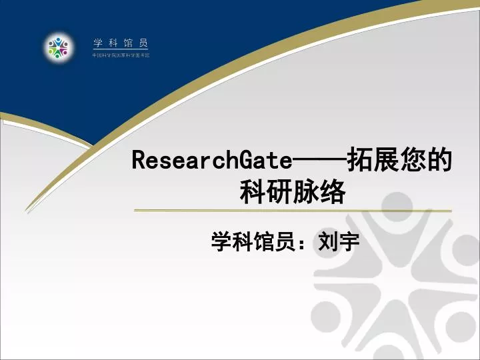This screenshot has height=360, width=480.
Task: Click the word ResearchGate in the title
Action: pos(212,161)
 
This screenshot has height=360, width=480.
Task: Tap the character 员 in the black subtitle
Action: pos(285,242)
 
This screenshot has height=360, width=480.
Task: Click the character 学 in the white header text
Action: pos(97,43)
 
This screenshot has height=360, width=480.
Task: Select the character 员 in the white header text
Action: pos(144,43)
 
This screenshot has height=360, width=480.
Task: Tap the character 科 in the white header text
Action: pos(113,43)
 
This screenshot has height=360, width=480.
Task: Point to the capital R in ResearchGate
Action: pos(139,161)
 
